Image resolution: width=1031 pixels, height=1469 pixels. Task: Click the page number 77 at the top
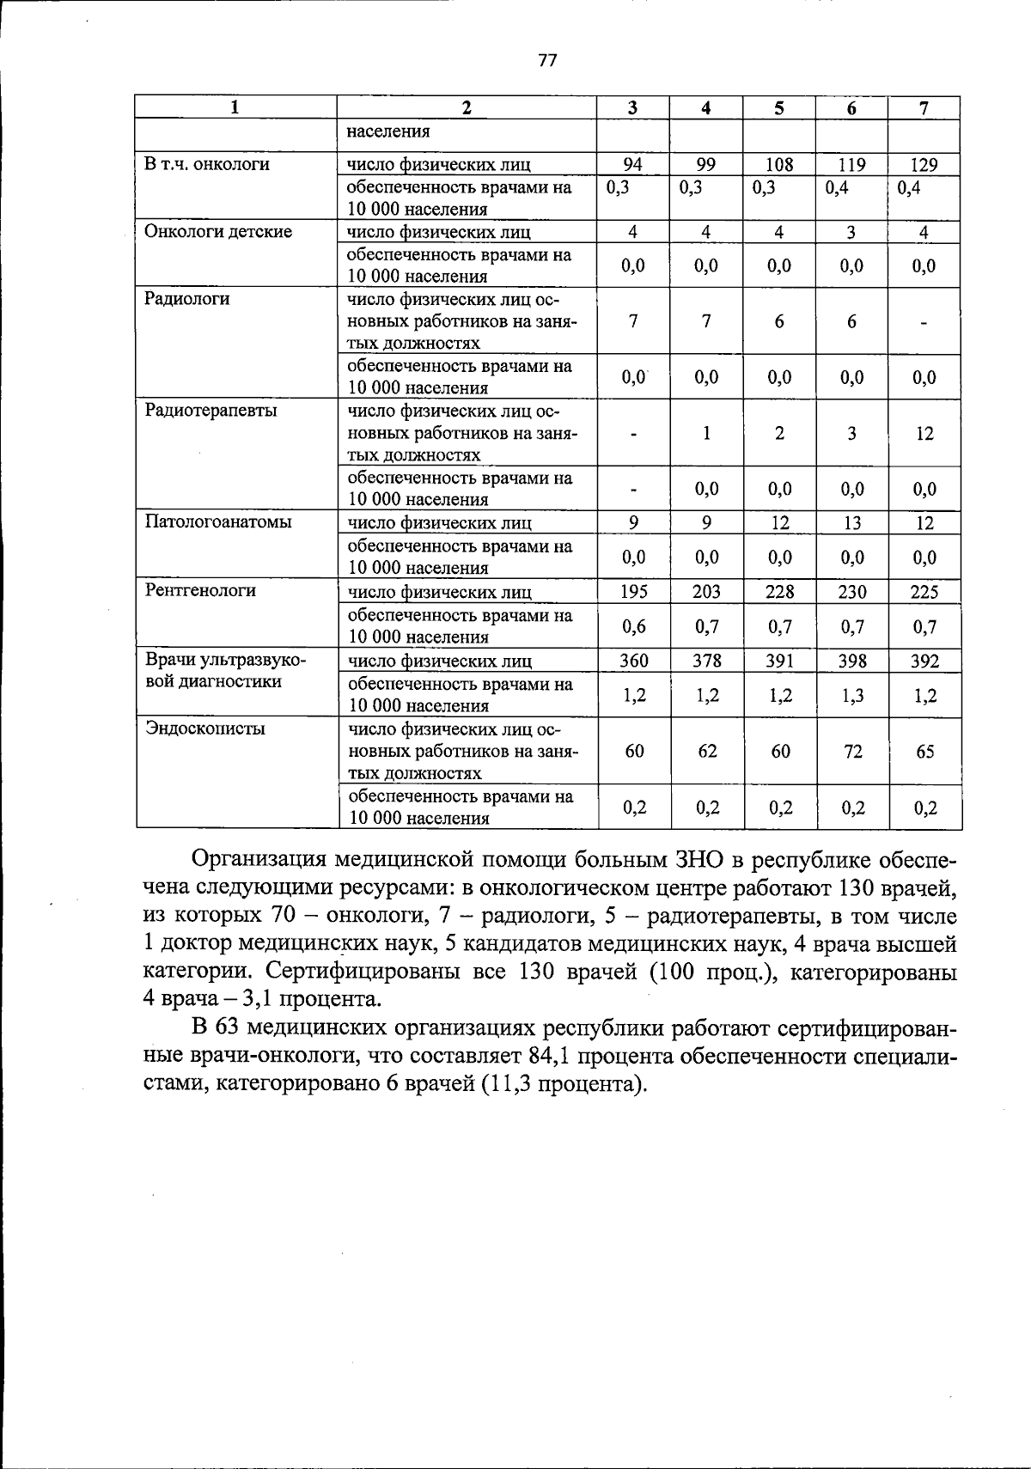547,61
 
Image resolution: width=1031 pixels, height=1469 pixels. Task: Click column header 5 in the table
778,108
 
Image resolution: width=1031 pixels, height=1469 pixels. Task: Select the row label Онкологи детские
218,232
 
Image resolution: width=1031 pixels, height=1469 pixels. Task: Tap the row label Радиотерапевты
211,411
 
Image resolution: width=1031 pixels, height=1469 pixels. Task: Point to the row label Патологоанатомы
218,522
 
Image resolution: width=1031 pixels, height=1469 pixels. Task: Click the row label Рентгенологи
200,591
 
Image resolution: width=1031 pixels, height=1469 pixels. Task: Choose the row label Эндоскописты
205,729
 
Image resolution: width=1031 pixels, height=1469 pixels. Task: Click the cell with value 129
924,165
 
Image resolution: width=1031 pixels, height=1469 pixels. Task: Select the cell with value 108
778,165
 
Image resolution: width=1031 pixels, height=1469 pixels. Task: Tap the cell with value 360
633,661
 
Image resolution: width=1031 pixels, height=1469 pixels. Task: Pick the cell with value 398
851,661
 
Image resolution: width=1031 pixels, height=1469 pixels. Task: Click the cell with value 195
633,591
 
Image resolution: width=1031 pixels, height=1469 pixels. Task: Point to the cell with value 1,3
851,696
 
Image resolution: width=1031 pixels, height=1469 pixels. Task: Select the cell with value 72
851,752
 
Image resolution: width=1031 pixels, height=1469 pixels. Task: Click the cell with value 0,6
633,626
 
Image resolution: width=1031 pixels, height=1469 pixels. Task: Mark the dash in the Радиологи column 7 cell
924,322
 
